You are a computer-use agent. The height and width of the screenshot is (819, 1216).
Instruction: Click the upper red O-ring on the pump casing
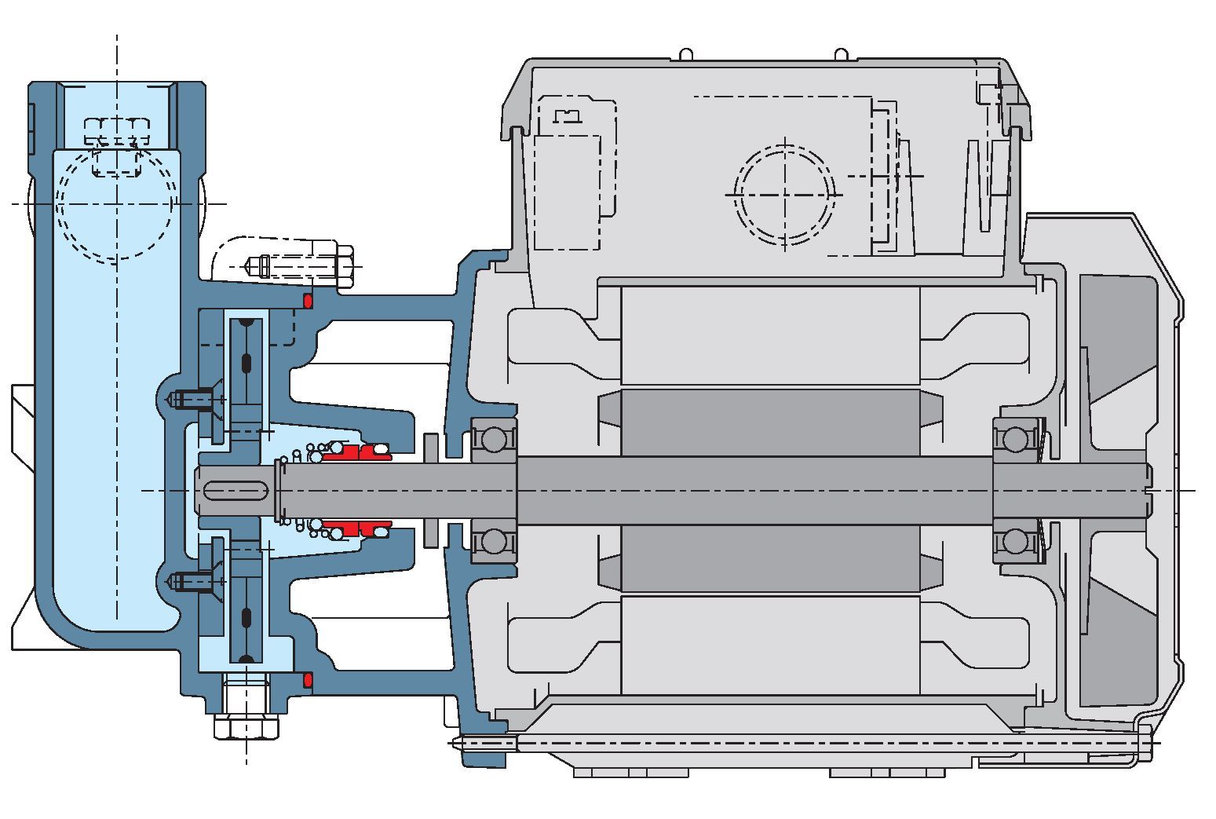pos(308,301)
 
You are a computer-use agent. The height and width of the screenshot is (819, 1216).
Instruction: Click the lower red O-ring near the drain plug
pos(308,678)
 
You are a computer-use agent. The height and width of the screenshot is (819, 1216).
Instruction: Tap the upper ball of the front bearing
pos(493,439)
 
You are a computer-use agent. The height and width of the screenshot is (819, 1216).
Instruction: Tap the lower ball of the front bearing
pos(493,541)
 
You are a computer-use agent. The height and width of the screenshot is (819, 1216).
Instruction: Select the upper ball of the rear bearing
pos(1016,439)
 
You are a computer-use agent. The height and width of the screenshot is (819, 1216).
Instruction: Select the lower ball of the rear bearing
pos(1016,541)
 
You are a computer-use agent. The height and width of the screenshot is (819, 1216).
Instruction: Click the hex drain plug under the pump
pos(246,726)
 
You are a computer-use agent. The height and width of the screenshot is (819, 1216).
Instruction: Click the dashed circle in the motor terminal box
pos(784,194)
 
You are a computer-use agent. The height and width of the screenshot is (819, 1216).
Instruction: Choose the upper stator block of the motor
pos(769,335)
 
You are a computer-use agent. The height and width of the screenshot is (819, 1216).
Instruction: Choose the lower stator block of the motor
pos(769,644)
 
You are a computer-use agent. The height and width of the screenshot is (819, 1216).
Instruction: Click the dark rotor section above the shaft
pos(769,422)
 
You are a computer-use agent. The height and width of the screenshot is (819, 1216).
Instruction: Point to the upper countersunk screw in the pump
pos(192,399)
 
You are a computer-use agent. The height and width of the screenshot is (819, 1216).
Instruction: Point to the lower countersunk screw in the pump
pos(192,582)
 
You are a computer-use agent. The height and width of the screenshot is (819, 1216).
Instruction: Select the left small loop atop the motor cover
pos(685,55)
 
